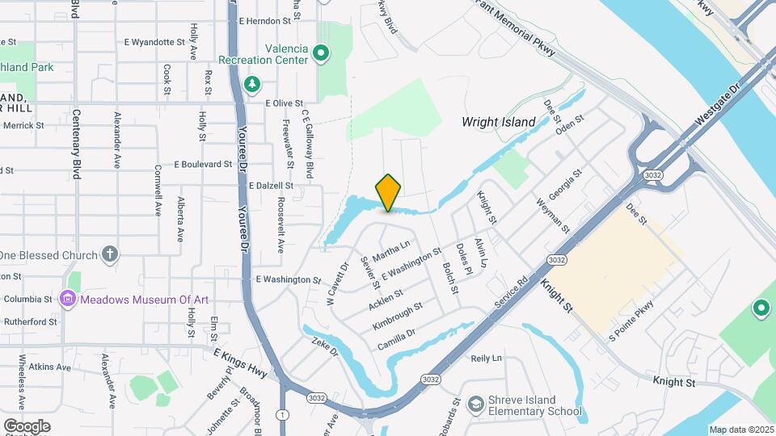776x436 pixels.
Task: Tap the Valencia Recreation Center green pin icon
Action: [x=322, y=54]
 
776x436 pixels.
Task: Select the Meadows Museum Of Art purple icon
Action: [x=68, y=300]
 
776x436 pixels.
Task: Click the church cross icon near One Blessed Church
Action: [x=111, y=255]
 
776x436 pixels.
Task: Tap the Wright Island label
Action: [x=498, y=122]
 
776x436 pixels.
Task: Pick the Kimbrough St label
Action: [x=398, y=316]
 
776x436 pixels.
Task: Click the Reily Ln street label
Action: [x=486, y=358]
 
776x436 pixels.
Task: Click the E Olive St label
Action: [x=284, y=103]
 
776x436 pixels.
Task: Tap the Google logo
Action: [x=27, y=426]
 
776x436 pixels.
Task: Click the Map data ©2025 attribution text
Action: [x=740, y=430]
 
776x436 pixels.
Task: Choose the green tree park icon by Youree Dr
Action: [x=253, y=83]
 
